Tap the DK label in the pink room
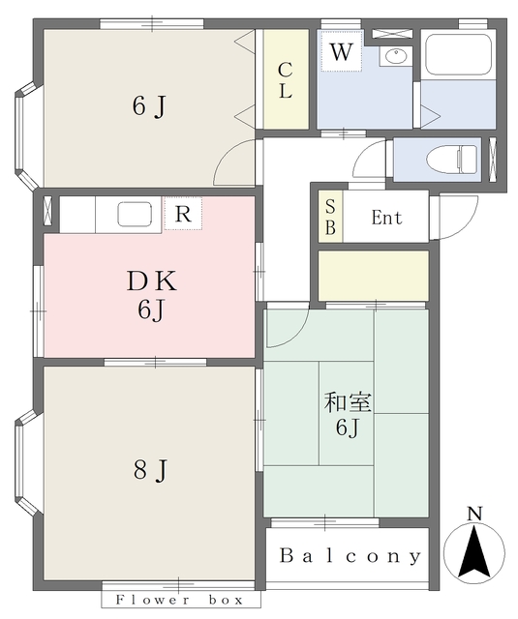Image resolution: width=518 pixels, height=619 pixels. (x=150, y=282)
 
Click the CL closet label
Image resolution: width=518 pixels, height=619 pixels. (x=286, y=80)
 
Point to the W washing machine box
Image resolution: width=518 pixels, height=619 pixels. (x=340, y=53)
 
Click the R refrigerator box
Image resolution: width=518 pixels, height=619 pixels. (x=183, y=214)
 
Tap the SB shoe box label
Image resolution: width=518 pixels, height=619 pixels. (x=330, y=218)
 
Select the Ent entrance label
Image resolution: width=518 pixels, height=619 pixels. (x=386, y=219)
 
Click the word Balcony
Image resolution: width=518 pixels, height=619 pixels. (x=350, y=557)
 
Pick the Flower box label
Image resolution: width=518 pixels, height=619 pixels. (x=181, y=600)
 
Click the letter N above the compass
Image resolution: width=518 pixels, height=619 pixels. (x=473, y=514)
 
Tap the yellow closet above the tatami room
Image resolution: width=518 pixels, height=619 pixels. (x=374, y=276)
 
